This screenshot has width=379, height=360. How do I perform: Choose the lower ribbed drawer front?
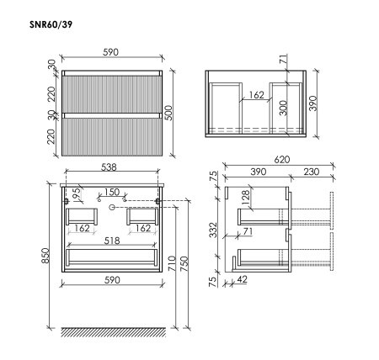[112, 135]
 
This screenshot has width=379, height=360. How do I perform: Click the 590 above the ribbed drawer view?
[112, 52]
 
